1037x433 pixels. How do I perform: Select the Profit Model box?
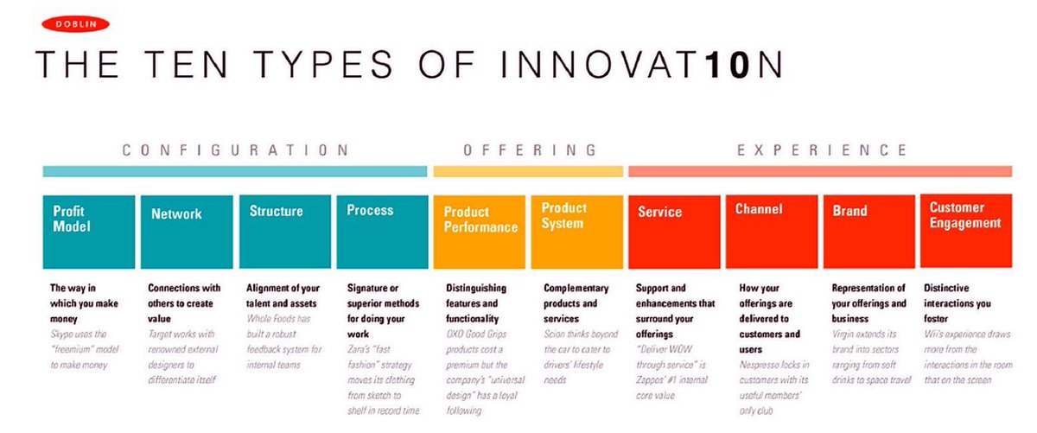click(89, 232)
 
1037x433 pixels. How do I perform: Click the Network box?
click(187, 232)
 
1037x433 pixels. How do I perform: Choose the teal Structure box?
click(285, 232)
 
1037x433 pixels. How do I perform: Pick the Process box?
click(382, 232)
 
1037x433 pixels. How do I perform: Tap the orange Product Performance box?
click(480, 232)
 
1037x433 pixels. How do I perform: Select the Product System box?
click(576, 232)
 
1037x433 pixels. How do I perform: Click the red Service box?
click(674, 232)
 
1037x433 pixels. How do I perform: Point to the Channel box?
click(771, 232)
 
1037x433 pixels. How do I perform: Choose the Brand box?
click(868, 232)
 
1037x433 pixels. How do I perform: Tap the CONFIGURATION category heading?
click(235, 150)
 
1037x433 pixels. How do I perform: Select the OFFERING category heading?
click(530, 150)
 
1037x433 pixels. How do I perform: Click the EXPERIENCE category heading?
click(822, 150)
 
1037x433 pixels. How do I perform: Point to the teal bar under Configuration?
click(235, 171)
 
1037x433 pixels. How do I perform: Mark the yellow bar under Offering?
click(528, 171)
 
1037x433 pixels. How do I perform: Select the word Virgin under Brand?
click(845, 334)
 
